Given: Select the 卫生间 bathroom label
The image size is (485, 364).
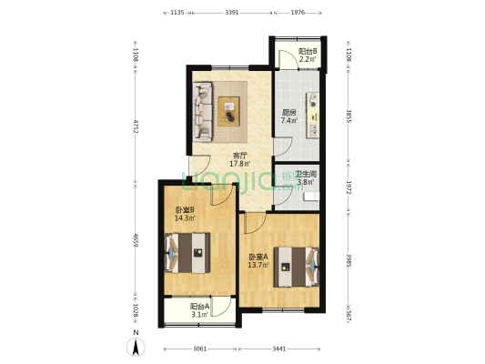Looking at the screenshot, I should click(x=306, y=175).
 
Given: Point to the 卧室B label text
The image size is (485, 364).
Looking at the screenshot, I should click(x=187, y=212).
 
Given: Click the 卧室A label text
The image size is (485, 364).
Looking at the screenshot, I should click(x=259, y=258).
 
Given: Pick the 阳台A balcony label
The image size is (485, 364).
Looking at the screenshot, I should click(x=199, y=308).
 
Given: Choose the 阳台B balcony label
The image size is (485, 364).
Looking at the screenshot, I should click(x=308, y=53).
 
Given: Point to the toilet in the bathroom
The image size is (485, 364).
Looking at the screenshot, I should click(x=309, y=194).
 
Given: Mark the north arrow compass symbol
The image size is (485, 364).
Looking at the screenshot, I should click(x=136, y=345).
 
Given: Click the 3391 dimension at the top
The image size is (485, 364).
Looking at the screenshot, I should click(x=232, y=13).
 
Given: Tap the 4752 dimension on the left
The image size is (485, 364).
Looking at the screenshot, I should click(x=136, y=126).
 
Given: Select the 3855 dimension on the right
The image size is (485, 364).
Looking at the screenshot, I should click(x=349, y=116).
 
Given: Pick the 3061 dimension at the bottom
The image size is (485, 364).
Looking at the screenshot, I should click(x=200, y=349).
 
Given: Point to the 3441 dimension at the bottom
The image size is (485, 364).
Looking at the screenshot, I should click(x=279, y=349).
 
